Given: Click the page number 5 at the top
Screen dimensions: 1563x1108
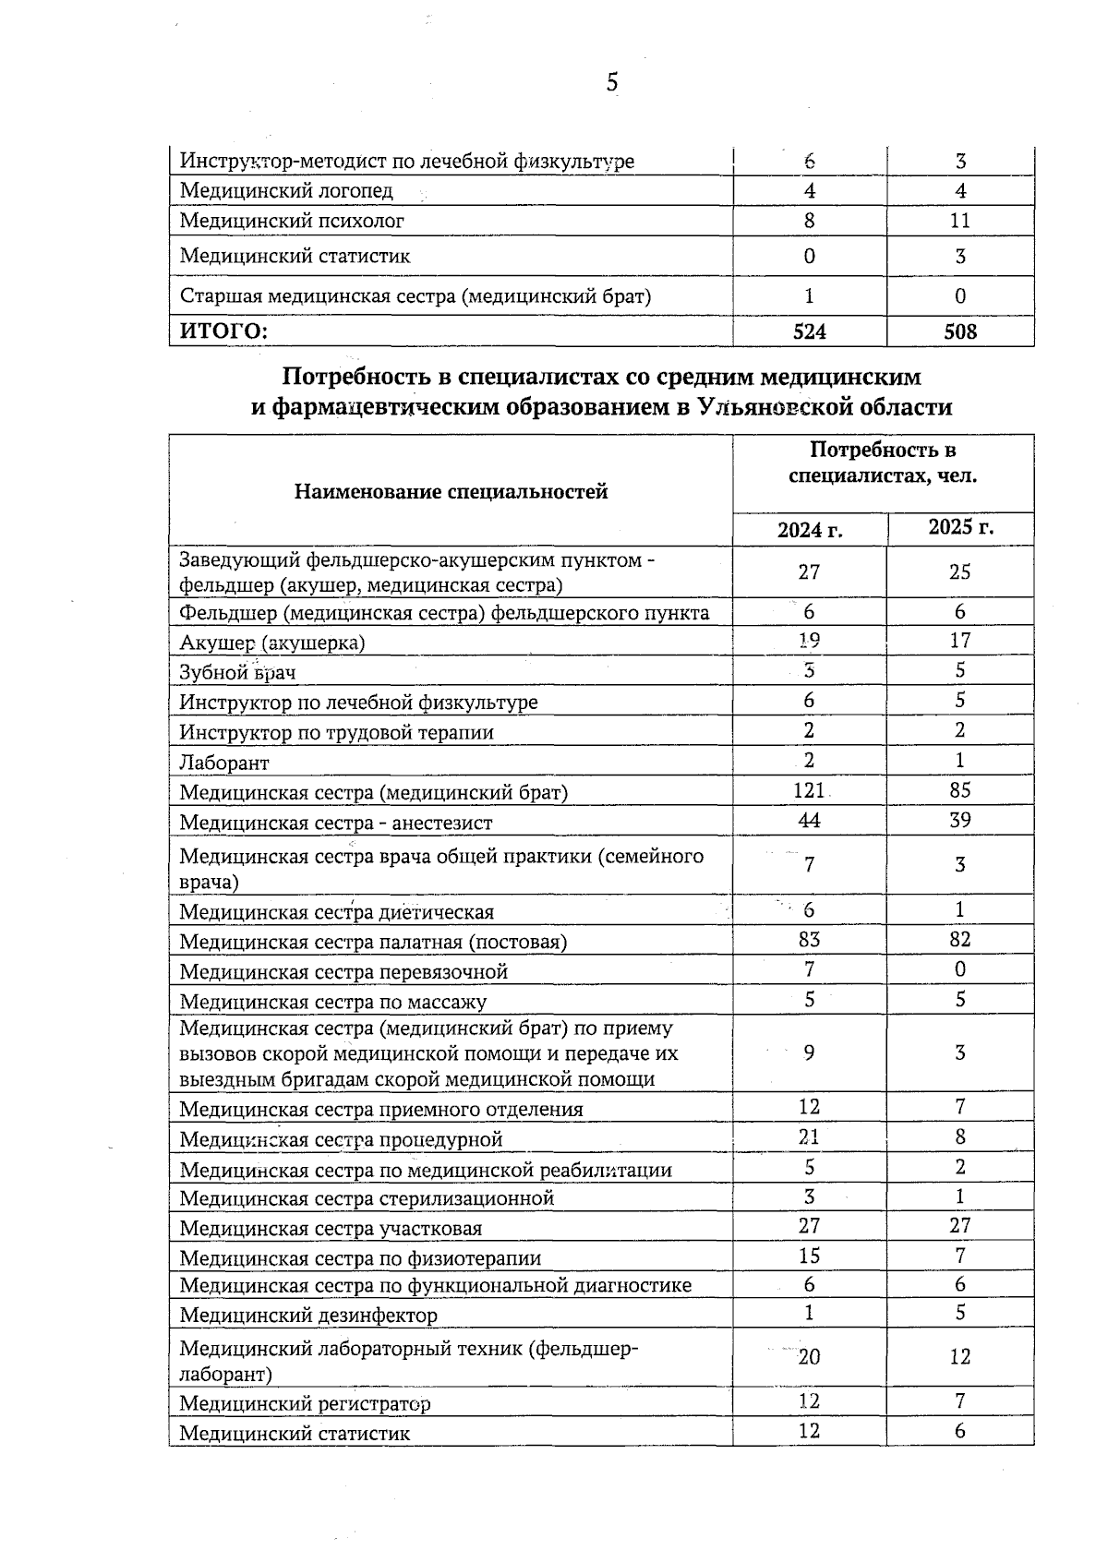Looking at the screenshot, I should point(612,83).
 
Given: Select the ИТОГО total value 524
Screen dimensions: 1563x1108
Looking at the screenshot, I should point(809,331).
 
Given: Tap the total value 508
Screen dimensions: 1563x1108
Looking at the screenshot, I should point(960,331).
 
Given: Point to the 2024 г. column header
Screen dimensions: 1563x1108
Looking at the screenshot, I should point(810,530).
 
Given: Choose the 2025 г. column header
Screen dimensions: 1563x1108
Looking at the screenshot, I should point(960,528).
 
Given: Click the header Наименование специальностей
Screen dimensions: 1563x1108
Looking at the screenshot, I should point(451,491).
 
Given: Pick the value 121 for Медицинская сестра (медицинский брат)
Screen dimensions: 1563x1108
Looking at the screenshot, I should point(809,790).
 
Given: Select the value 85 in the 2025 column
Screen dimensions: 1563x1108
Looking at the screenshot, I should point(960,790).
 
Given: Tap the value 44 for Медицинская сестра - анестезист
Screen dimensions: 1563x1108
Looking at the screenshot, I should point(809,821).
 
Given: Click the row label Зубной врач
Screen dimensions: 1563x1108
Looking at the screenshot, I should point(237,672).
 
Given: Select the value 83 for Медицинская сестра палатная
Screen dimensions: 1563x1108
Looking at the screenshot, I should point(809,940).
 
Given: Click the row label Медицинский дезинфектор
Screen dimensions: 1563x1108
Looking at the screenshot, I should point(308,1315).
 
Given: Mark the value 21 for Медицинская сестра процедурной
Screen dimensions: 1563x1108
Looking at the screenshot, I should point(809,1137).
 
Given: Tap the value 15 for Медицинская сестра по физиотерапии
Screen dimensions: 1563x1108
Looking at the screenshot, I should point(809,1256).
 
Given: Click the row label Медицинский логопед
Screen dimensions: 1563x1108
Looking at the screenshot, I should point(286,191).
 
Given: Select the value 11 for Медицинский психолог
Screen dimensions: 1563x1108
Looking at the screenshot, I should point(960,221).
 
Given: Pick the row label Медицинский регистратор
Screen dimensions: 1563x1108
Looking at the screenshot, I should point(305,1404).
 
